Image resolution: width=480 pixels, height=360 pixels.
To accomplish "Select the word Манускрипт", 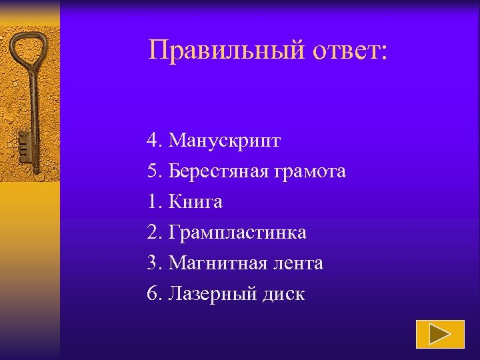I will [x=225, y=141].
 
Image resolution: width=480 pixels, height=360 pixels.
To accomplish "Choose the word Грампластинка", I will [x=238, y=233].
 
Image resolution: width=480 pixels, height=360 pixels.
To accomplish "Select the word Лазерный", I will [x=213, y=294].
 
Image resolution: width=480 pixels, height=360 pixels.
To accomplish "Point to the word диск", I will [x=283, y=294].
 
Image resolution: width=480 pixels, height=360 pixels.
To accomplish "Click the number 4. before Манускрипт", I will [x=155, y=141].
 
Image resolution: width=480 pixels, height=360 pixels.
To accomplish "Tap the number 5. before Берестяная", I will [x=155, y=171].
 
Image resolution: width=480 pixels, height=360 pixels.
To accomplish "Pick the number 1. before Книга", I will [x=155, y=202].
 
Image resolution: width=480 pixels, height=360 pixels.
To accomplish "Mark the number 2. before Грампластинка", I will [x=155, y=233].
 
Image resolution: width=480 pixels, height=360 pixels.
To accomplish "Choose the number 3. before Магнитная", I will [x=155, y=263].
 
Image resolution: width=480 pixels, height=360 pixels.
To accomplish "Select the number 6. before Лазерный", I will [x=155, y=294].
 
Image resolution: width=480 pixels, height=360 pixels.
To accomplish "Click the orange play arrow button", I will [x=440, y=335].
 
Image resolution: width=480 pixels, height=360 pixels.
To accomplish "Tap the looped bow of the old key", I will [x=28, y=49].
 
